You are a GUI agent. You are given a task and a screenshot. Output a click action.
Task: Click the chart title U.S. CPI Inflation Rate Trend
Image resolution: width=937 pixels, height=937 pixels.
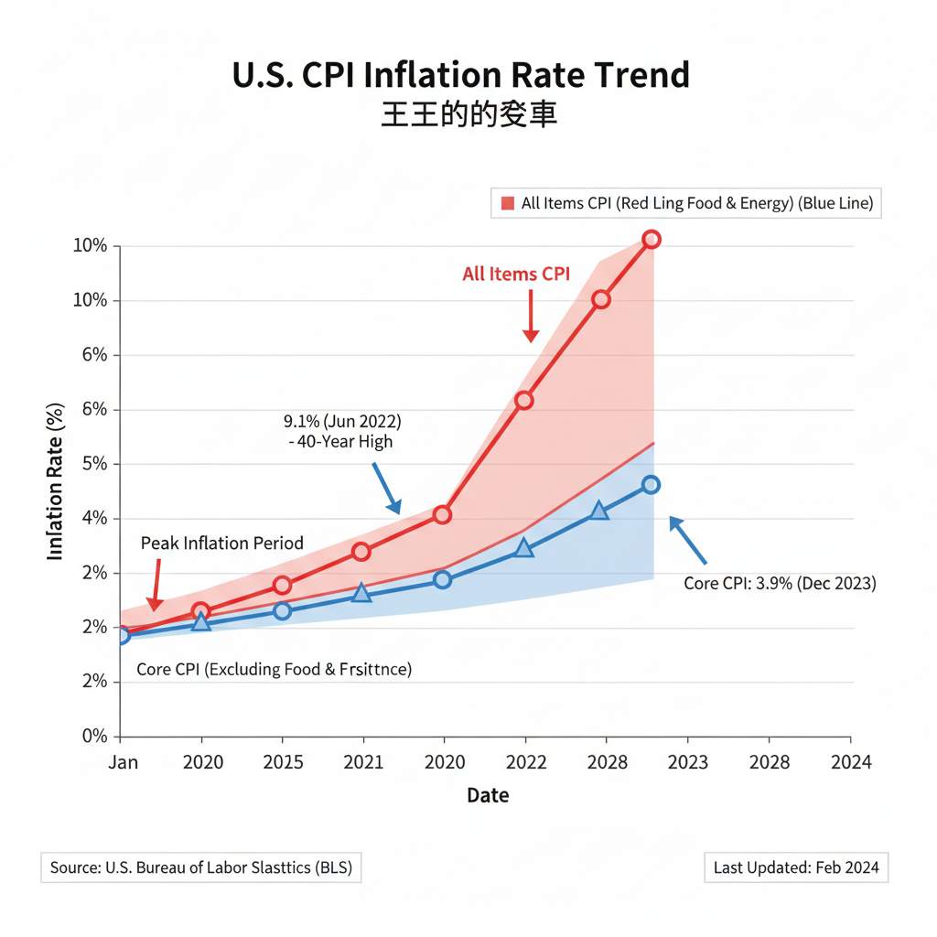coord(460,75)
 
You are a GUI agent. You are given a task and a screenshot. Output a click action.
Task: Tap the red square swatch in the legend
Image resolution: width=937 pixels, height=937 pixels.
coord(507,203)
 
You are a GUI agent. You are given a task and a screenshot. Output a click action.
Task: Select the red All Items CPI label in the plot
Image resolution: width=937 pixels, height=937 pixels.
coord(516,274)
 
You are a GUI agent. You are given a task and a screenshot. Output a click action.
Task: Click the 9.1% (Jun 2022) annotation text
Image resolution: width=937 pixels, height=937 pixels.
coord(342,422)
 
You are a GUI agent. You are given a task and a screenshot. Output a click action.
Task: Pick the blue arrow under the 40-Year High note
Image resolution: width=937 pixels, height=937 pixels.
coord(386,488)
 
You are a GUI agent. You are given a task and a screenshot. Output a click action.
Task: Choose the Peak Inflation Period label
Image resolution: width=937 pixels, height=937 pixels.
coord(221,544)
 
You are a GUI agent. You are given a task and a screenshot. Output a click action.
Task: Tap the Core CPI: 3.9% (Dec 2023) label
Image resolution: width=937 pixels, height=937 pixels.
coord(780,583)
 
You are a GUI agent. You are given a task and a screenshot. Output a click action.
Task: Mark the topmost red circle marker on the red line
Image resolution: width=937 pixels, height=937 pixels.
coord(651,240)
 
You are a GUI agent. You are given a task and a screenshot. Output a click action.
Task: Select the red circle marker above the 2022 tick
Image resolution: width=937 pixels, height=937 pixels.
coord(523,400)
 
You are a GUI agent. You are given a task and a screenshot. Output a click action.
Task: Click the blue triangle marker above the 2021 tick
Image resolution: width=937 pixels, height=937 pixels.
coord(362,594)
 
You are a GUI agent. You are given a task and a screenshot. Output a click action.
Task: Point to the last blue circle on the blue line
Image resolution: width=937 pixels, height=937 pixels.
coord(651,485)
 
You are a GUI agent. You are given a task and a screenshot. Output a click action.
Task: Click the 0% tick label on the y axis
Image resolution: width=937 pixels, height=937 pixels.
coord(94,737)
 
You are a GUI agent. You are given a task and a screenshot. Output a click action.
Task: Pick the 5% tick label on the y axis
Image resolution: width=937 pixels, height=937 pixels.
coord(94,464)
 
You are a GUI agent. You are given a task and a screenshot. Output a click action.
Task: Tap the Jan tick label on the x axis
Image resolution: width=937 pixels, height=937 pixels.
coord(124,762)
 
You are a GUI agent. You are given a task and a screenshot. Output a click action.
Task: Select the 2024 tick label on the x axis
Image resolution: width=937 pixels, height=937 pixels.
coord(851,762)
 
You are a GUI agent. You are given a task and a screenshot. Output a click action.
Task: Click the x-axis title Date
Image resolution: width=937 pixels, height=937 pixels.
coord(488,795)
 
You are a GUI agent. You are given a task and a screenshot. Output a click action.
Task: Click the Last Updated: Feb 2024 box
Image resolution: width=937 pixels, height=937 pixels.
coord(795,867)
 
